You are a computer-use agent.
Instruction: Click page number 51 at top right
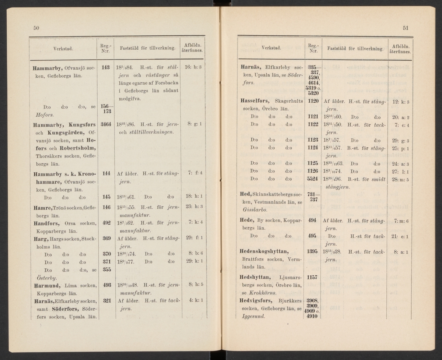point(406,28)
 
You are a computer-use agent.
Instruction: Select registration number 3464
point(106,125)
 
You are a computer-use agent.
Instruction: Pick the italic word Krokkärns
point(262,293)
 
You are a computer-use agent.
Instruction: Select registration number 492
point(106,223)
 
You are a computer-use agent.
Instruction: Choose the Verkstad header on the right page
point(271,48)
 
